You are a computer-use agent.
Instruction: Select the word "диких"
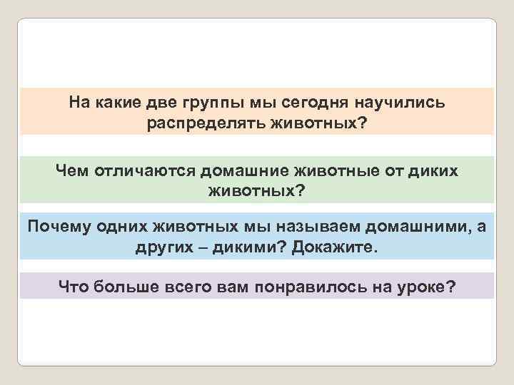click(436, 171)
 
